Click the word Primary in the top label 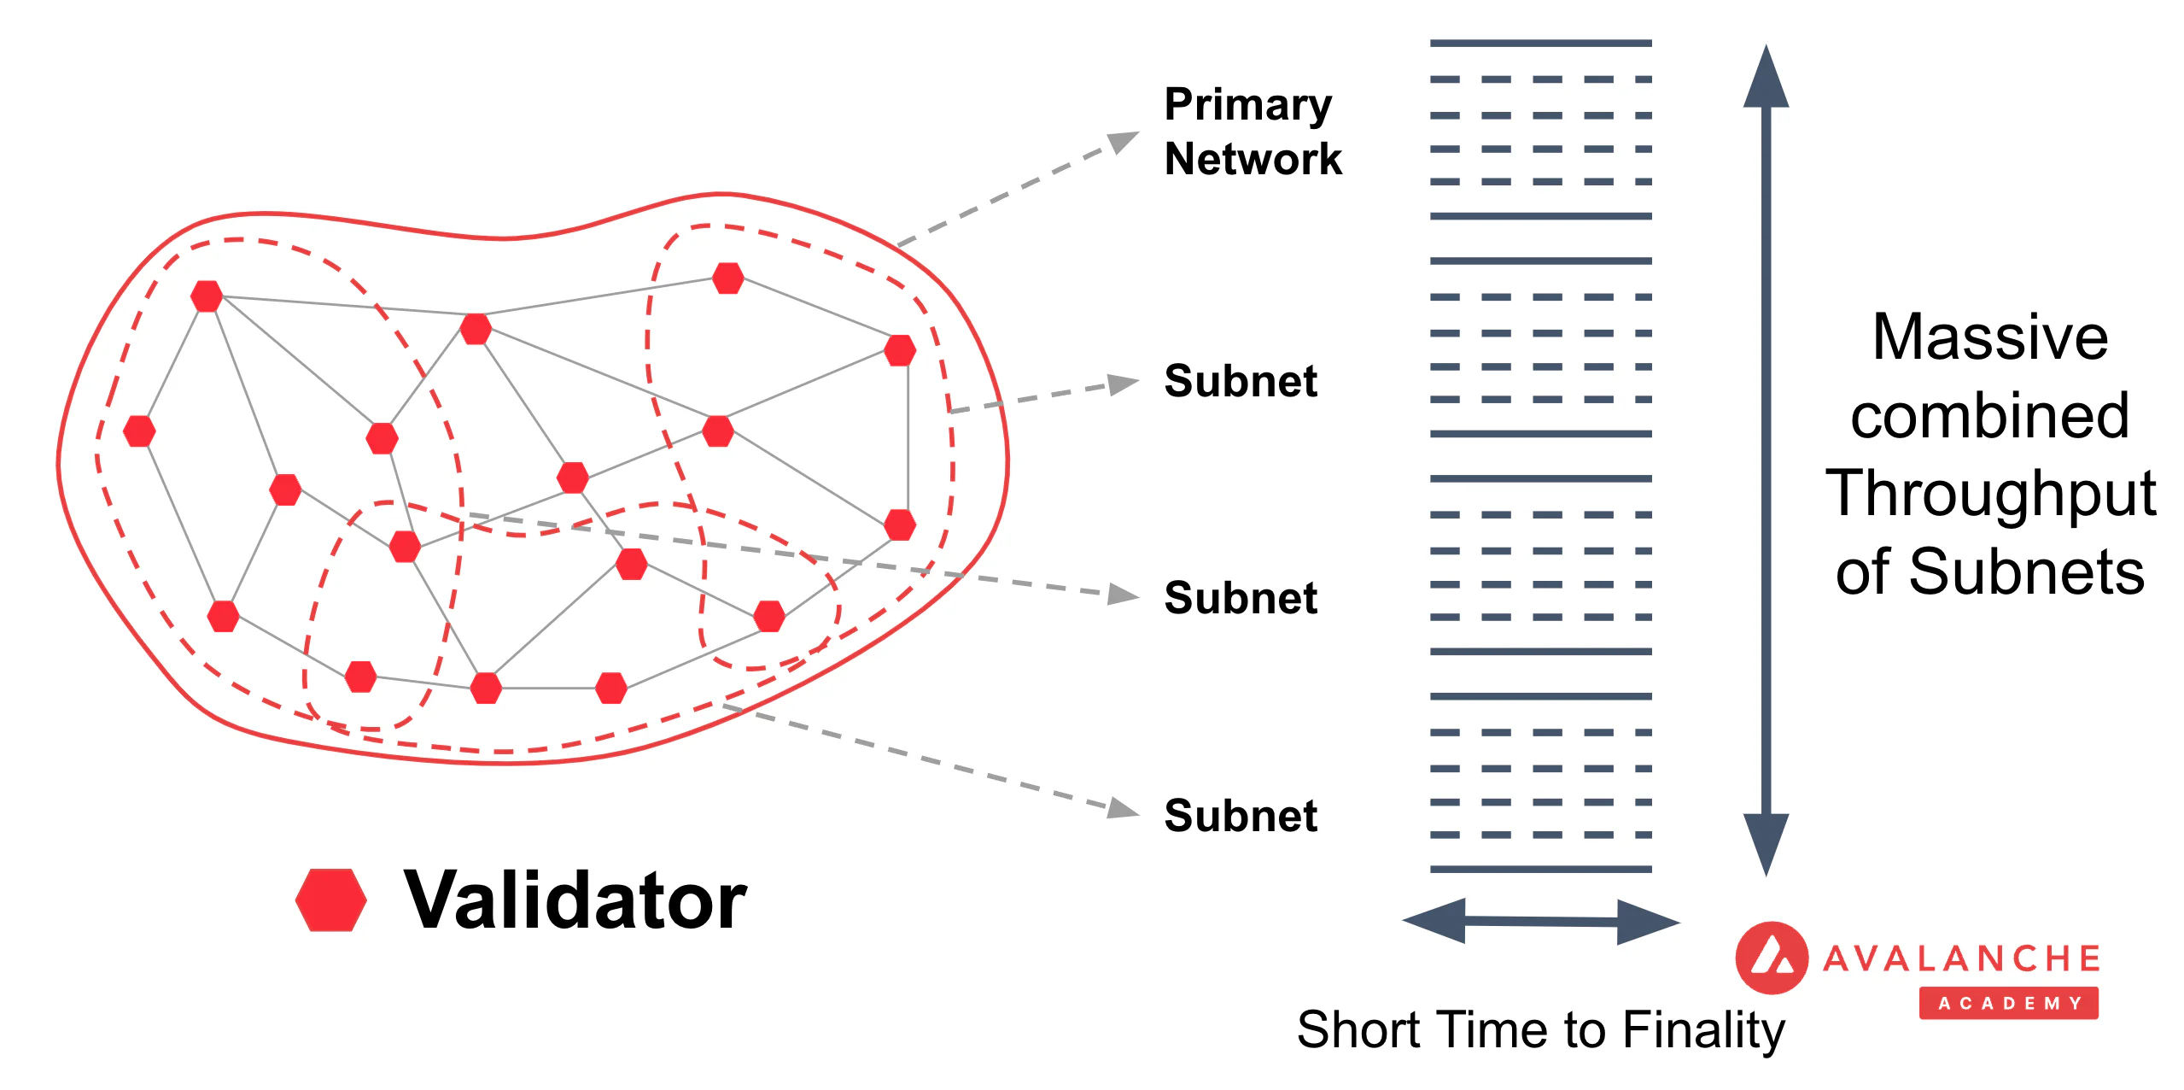click(x=1247, y=106)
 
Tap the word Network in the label click(x=1253, y=160)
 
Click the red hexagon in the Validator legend click(x=331, y=900)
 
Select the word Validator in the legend click(x=575, y=900)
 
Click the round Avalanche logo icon click(x=1771, y=958)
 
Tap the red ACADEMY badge click(x=2008, y=1003)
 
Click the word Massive click(x=1989, y=337)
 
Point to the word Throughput click(x=1989, y=494)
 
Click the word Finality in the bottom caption click(x=1702, y=1030)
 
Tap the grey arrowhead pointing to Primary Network click(x=1123, y=141)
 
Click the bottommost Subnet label click(x=1240, y=816)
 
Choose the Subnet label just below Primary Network click(x=1240, y=381)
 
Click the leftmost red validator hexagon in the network click(x=139, y=431)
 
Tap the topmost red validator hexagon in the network click(x=727, y=278)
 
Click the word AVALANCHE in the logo click(x=1960, y=958)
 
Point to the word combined click(x=1989, y=417)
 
